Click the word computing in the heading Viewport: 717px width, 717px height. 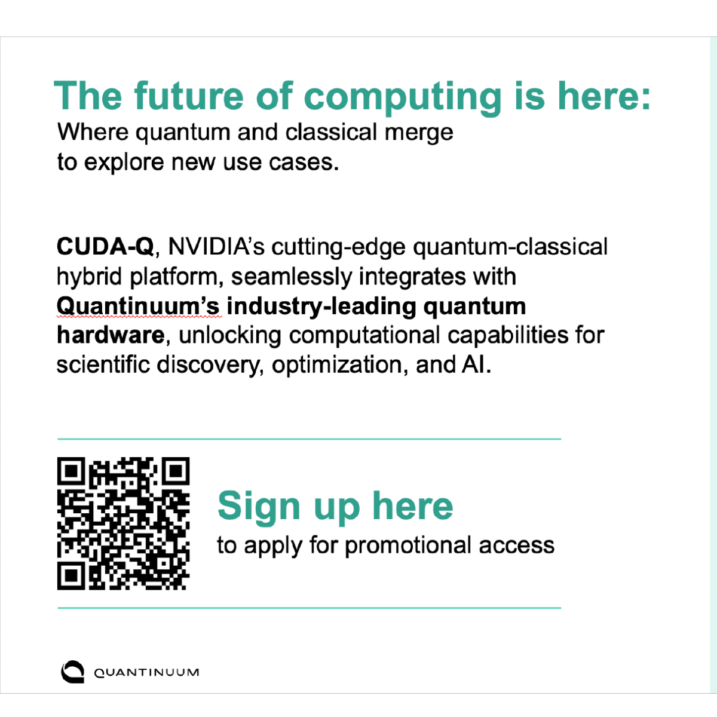[402, 97]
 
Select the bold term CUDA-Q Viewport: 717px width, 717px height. [105, 247]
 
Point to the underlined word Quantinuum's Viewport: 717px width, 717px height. [138, 306]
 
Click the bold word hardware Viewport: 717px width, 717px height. [110, 335]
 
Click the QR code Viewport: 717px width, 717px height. [124, 524]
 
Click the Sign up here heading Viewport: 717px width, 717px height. [335, 507]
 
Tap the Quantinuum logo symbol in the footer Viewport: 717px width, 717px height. [72, 672]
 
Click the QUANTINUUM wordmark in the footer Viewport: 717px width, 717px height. [146, 673]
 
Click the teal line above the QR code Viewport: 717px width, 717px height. [309, 439]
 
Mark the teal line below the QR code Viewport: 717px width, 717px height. [309, 608]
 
